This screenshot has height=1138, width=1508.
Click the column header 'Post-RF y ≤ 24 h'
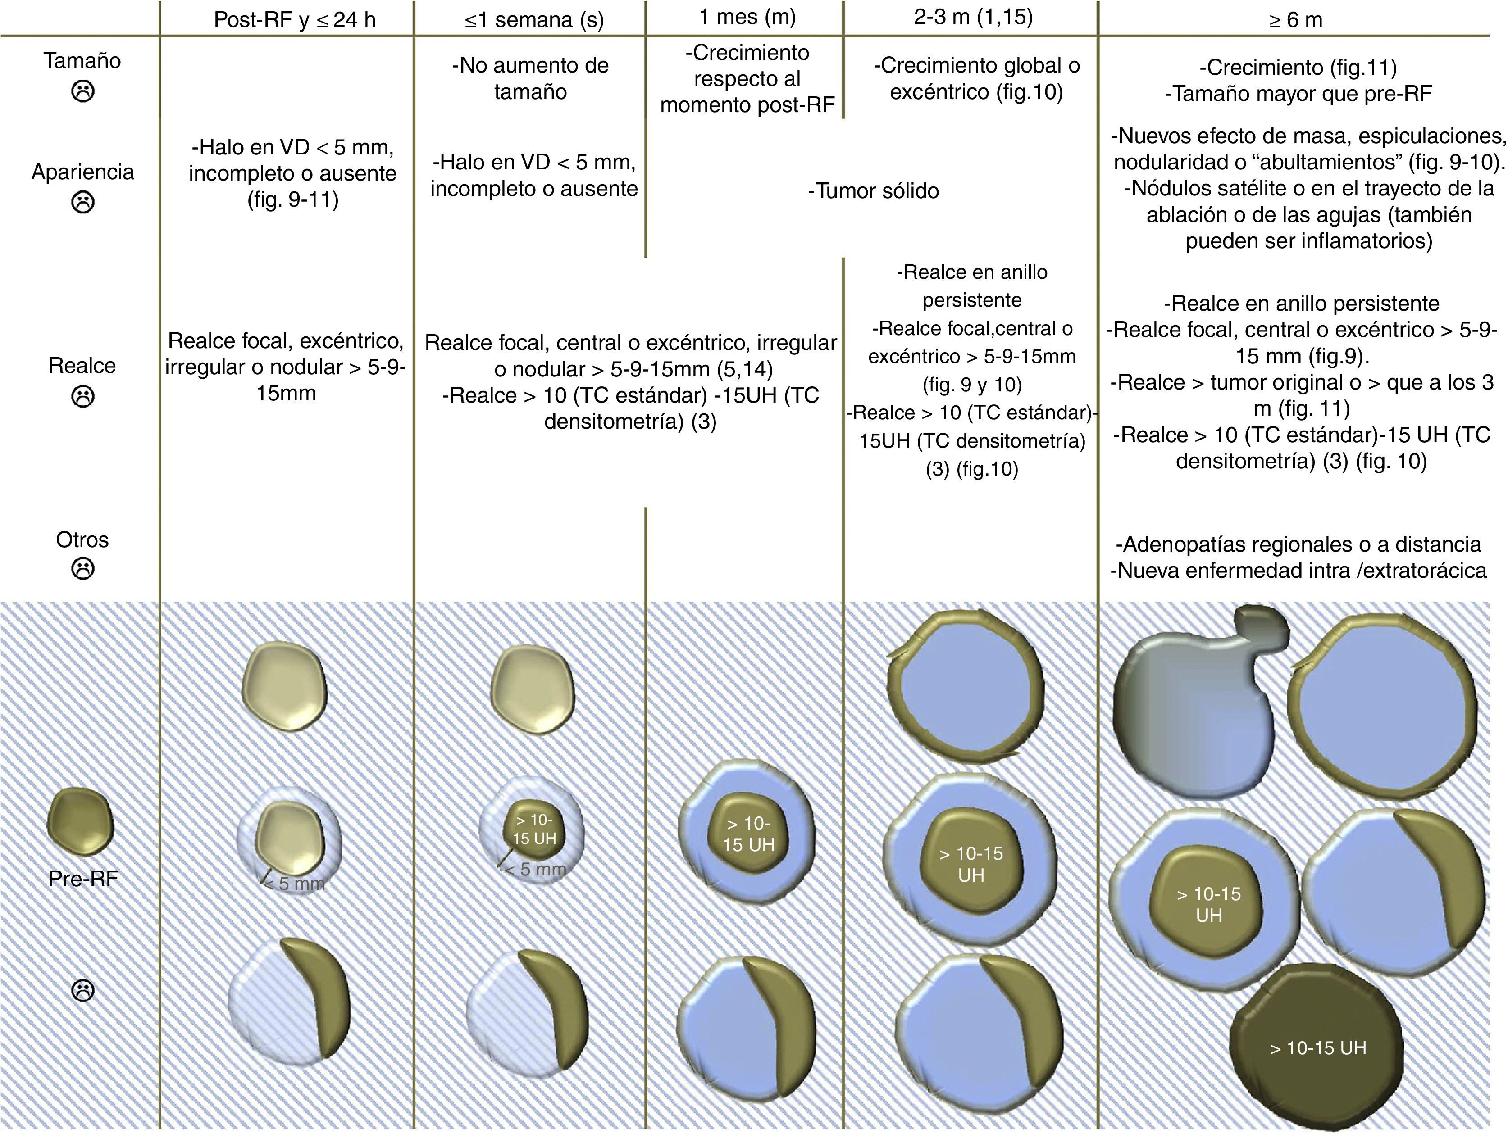(x=295, y=19)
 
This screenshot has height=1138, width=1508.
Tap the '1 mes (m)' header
(x=747, y=16)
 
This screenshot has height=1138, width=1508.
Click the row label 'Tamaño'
(x=82, y=61)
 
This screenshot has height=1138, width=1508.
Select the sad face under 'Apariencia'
(x=82, y=202)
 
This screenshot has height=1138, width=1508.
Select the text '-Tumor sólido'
(x=873, y=191)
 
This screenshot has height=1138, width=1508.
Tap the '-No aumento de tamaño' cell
(x=530, y=78)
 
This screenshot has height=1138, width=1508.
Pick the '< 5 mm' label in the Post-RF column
(x=293, y=884)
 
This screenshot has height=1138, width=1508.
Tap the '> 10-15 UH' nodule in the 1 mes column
(x=748, y=834)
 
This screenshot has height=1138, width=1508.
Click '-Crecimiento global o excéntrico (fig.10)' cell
(x=976, y=78)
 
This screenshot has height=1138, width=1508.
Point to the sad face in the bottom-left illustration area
(x=82, y=990)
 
